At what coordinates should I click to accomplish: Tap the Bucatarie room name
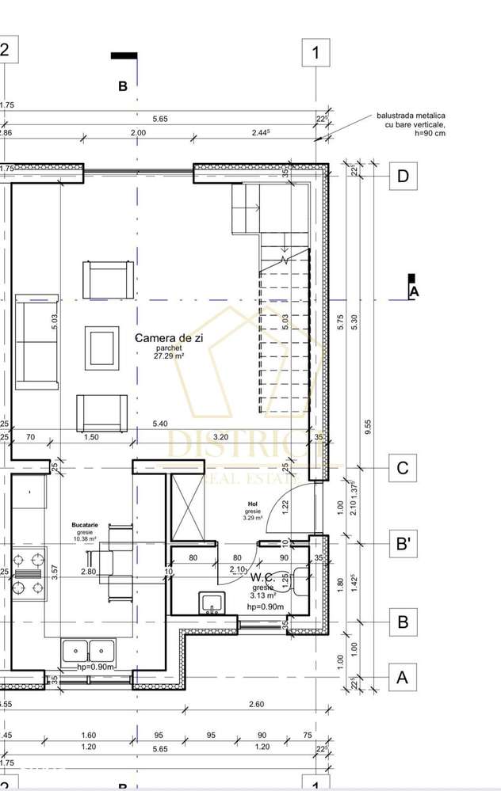coord(85,524)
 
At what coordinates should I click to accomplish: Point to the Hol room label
coord(252,503)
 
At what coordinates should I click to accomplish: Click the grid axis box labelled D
coord(403,176)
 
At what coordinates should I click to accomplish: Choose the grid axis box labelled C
coord(403,468)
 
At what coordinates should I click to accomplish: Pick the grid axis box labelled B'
coord(403,544)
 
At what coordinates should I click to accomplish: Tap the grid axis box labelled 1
coord(316,53)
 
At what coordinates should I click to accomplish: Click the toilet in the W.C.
coord(301,582)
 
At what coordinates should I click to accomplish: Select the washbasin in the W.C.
coord(211,603)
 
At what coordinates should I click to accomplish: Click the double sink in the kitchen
coord(89,651)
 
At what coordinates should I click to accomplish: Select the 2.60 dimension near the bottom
coord(257,704)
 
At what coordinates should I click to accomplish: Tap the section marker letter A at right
coord(413,291)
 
